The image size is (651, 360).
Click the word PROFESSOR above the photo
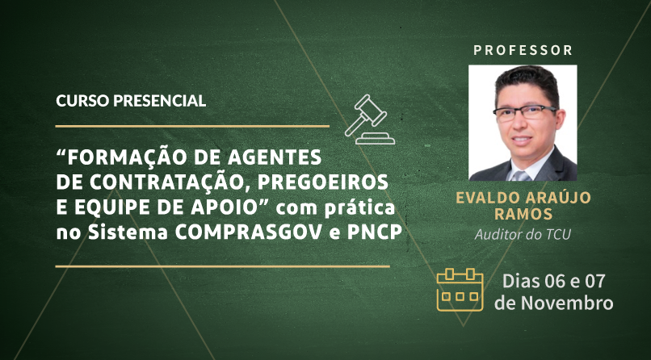pyautogui.click(x=523, y=51)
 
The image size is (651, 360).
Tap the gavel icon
pyautogui.click(x=369, y=119)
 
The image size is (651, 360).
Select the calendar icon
pyautogui.click(x=460, y=290)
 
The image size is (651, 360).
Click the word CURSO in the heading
pyautogui.click(x=82, y=101)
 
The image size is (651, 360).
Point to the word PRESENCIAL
pyautogui.click(x=159, y=101)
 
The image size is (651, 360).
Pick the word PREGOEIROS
pyautogui.click(x=322, y=182)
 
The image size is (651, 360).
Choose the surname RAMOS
pyautogui.click(x=523, y=215)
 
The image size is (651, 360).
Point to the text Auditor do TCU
pyautogui.click(x=523, y=234)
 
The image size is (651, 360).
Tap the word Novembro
pyautogui.click(x=567, y=303)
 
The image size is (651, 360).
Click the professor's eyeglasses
pyautogui.click(x=525, y=113)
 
